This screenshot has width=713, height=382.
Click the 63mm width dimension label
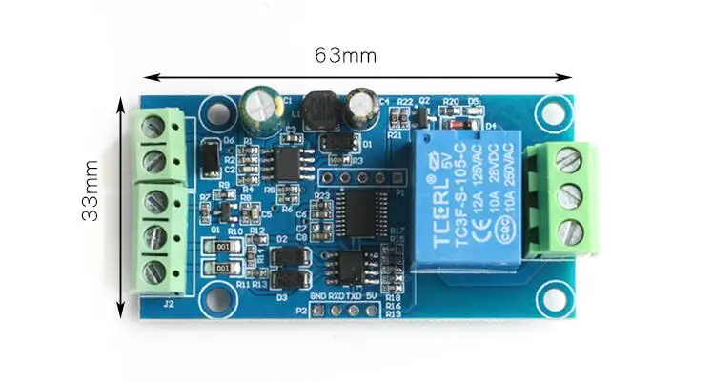[345, 55]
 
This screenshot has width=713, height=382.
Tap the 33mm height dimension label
[91, 191]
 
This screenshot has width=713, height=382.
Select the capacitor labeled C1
[256, 109]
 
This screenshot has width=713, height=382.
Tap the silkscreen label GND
[319, 296]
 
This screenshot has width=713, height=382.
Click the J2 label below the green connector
[168, 305]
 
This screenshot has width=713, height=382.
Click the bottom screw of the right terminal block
[569, 231]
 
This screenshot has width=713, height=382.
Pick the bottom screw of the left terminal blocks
[153, 271]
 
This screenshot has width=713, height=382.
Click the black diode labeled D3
[284, 279]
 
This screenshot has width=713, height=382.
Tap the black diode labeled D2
[284, 255]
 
